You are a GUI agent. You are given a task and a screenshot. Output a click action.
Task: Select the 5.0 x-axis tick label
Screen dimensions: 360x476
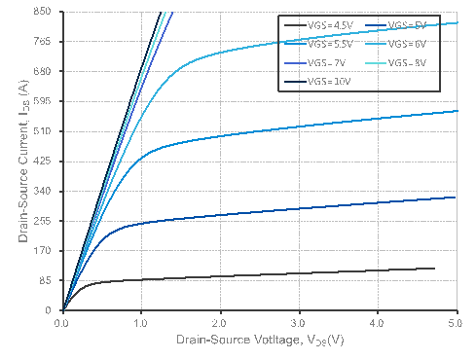[x=456, y=321]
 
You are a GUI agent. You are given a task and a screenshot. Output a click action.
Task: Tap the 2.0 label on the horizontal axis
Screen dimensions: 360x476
[x=220, y=321]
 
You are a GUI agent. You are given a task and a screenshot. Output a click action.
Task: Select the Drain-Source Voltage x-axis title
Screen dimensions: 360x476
[x=260, y=342]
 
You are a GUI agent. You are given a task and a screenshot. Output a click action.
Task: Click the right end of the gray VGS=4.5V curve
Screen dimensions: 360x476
[x=434, y=268]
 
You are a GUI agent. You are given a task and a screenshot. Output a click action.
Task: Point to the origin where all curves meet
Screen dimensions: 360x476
[x=63, y=310]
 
